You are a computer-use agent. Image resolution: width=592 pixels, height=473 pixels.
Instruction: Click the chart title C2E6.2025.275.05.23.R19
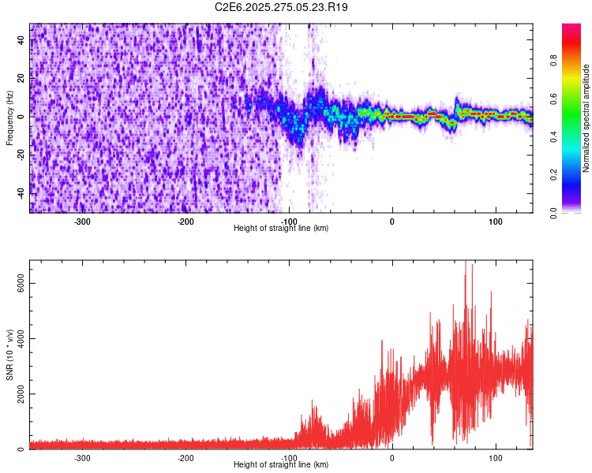(x=282, y=7)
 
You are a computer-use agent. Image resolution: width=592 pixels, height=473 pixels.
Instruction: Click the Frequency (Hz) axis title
(x=9, y=117)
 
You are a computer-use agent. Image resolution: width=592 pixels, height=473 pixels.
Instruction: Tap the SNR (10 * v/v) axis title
(x=9, y=355)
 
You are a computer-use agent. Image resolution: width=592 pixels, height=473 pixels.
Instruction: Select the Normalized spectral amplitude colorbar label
(x=586, y=118)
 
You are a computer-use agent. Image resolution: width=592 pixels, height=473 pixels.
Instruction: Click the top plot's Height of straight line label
(x=281, y=228)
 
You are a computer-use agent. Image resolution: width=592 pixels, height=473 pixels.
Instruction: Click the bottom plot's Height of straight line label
(x=281, y=464)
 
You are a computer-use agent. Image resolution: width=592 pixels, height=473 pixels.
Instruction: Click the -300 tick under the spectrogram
(x=83, y=221)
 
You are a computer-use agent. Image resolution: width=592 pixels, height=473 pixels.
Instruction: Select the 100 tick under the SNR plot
(x=496, y=457)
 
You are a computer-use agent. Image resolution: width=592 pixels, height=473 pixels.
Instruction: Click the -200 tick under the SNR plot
(x=186, y=457)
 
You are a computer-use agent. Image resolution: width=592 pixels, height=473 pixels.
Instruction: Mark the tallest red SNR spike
(x=466, y=263)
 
